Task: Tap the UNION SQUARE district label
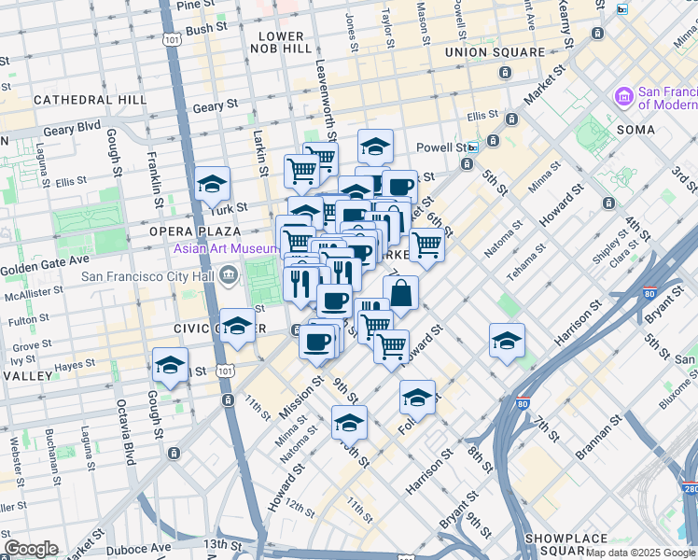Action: [x=495, y=52]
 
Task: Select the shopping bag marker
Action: [x=400, y=293]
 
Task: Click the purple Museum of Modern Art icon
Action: [x=623, y=96]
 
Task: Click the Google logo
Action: [x=31, y=549]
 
